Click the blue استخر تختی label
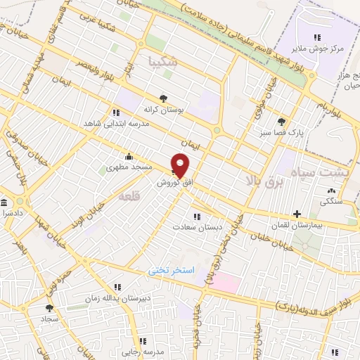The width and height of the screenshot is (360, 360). coord(170,270)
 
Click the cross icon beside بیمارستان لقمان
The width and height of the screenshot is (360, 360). coord(297,214)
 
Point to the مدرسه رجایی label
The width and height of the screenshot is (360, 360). coord(143,349)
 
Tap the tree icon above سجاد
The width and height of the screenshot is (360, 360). coord(49,308)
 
